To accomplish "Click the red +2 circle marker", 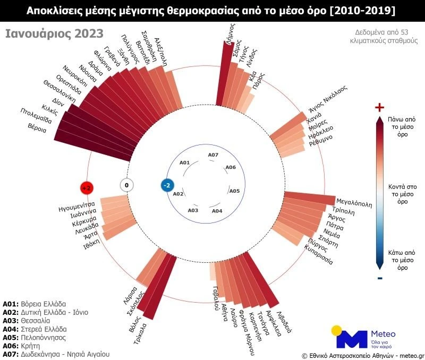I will pos(87,188).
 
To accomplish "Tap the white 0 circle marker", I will pos(126,185).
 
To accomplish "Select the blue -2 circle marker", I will pos(167,185).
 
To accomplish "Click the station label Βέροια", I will pos(40,127).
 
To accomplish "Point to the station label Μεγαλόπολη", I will pos(354,202).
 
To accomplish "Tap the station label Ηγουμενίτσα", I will pos(76,204).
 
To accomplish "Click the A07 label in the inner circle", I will pos(213,155).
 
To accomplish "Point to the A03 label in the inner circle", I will pos(193,210).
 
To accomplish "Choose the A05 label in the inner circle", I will pos(234,191).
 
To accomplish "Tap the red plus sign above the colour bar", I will pos(379,108).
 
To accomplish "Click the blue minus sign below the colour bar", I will pos(379,278).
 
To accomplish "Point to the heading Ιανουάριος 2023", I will pos(47,33).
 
